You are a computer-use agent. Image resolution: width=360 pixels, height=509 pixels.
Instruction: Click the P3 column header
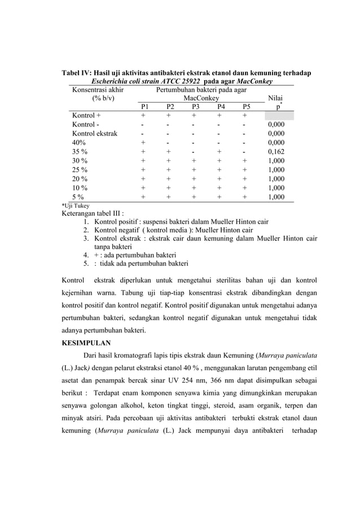195,107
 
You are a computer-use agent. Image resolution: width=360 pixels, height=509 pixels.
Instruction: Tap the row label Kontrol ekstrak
95,134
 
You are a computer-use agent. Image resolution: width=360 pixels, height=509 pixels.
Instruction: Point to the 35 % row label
80,152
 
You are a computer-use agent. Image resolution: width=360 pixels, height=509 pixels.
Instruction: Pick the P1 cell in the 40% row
144,143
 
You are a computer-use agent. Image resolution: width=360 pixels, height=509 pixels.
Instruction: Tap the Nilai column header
276,98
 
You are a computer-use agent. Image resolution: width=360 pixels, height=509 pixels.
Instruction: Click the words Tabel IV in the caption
74,73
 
